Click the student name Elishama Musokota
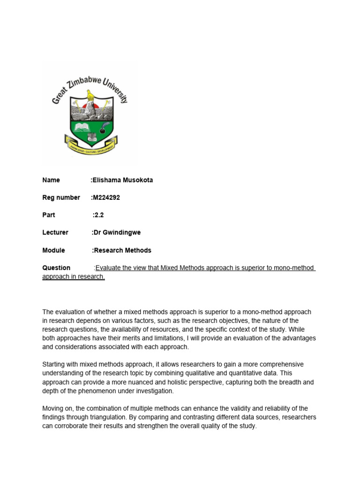123,180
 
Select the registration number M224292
107,197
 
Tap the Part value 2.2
99,215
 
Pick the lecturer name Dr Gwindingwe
117,232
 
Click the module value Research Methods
123,250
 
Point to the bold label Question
56,268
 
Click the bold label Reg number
61,197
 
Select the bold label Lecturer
55,232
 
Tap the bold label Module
53,250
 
